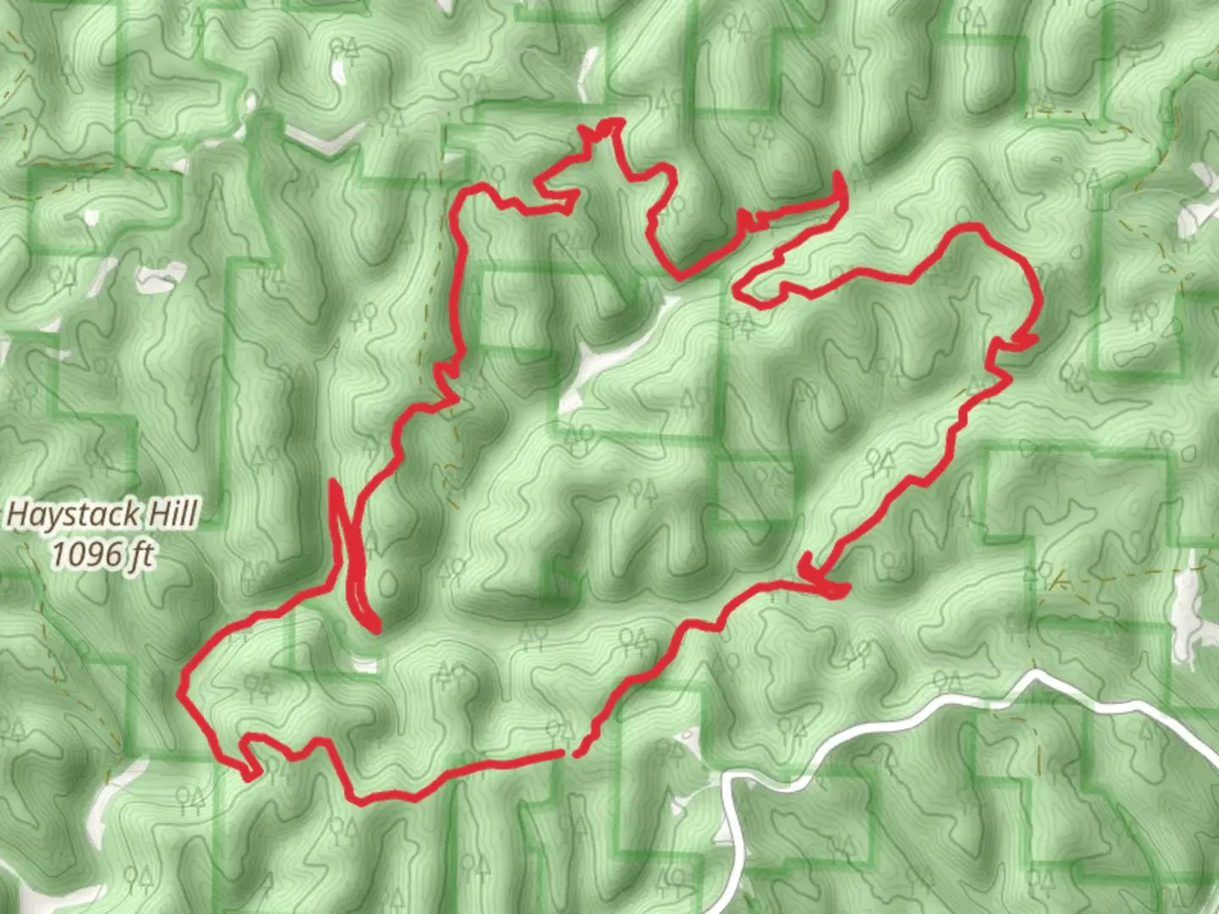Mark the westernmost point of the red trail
point(180,691)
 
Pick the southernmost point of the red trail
point(360,801)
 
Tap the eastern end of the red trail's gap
point(576,752)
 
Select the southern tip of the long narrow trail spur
point(375,629)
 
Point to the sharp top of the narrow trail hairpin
point(333,482)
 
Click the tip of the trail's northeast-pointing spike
point(838,174)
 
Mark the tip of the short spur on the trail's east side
point(1034,339)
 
